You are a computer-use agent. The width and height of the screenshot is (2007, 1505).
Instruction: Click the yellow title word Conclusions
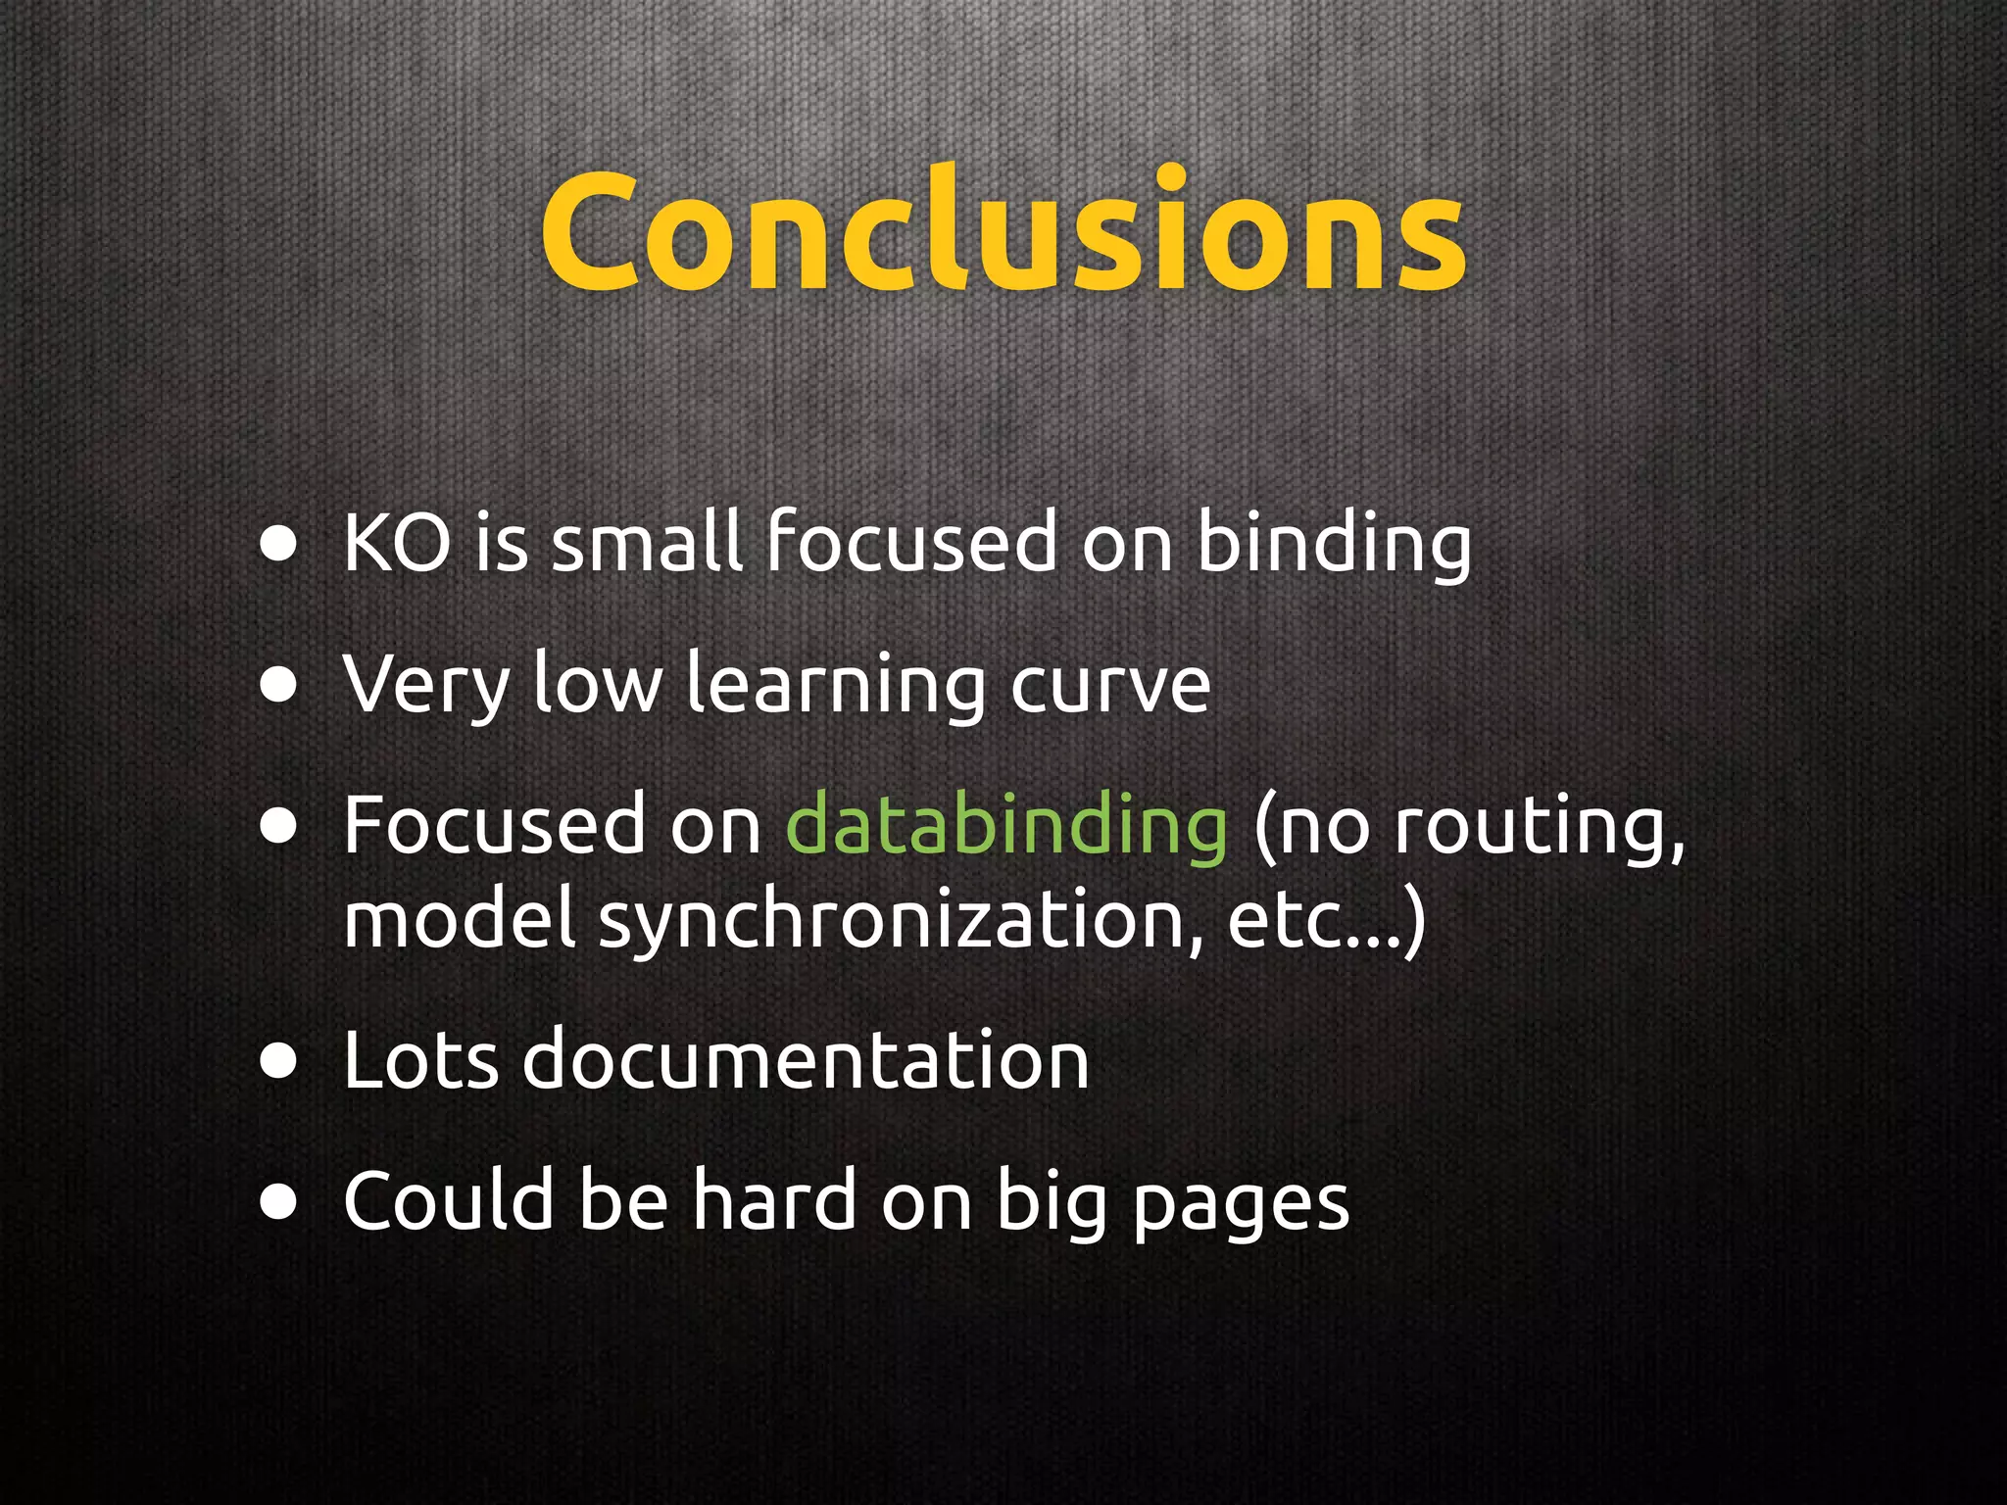coord(1003,232)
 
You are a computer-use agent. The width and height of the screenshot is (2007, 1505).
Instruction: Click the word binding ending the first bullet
coord(1334,545)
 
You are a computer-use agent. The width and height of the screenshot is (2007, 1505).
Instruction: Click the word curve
coord(1110,685)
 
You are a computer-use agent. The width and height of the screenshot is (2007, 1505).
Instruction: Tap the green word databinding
coord(1006,826)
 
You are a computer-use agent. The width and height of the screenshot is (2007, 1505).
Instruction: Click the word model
coord(459,919)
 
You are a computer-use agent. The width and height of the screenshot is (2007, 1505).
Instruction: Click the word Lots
coord(420,1060)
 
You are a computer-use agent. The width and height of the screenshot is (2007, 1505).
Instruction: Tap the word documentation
coord(806,1060)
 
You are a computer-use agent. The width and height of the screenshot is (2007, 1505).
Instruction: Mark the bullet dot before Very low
coord(279,687)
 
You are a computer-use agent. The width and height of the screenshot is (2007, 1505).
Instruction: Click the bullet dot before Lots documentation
coord(279,1062)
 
